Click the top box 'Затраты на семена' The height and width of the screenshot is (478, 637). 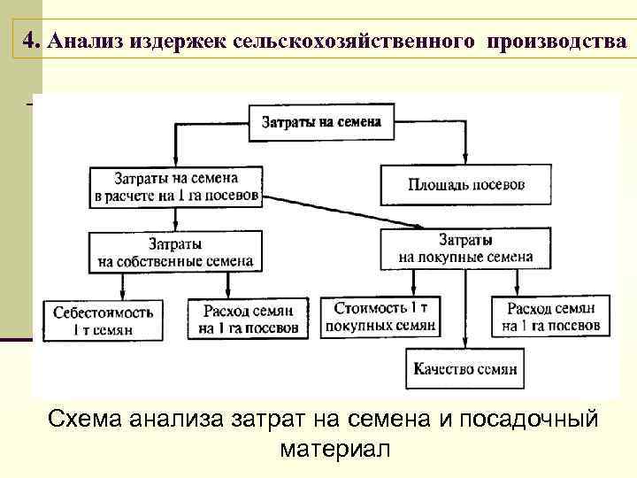point(321,122)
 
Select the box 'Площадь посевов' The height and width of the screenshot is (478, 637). point(465,185)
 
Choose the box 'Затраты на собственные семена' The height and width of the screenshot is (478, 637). point(175,251)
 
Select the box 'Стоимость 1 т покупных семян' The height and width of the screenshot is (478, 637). point(380,316)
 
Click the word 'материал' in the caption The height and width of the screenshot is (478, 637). point(334,449)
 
